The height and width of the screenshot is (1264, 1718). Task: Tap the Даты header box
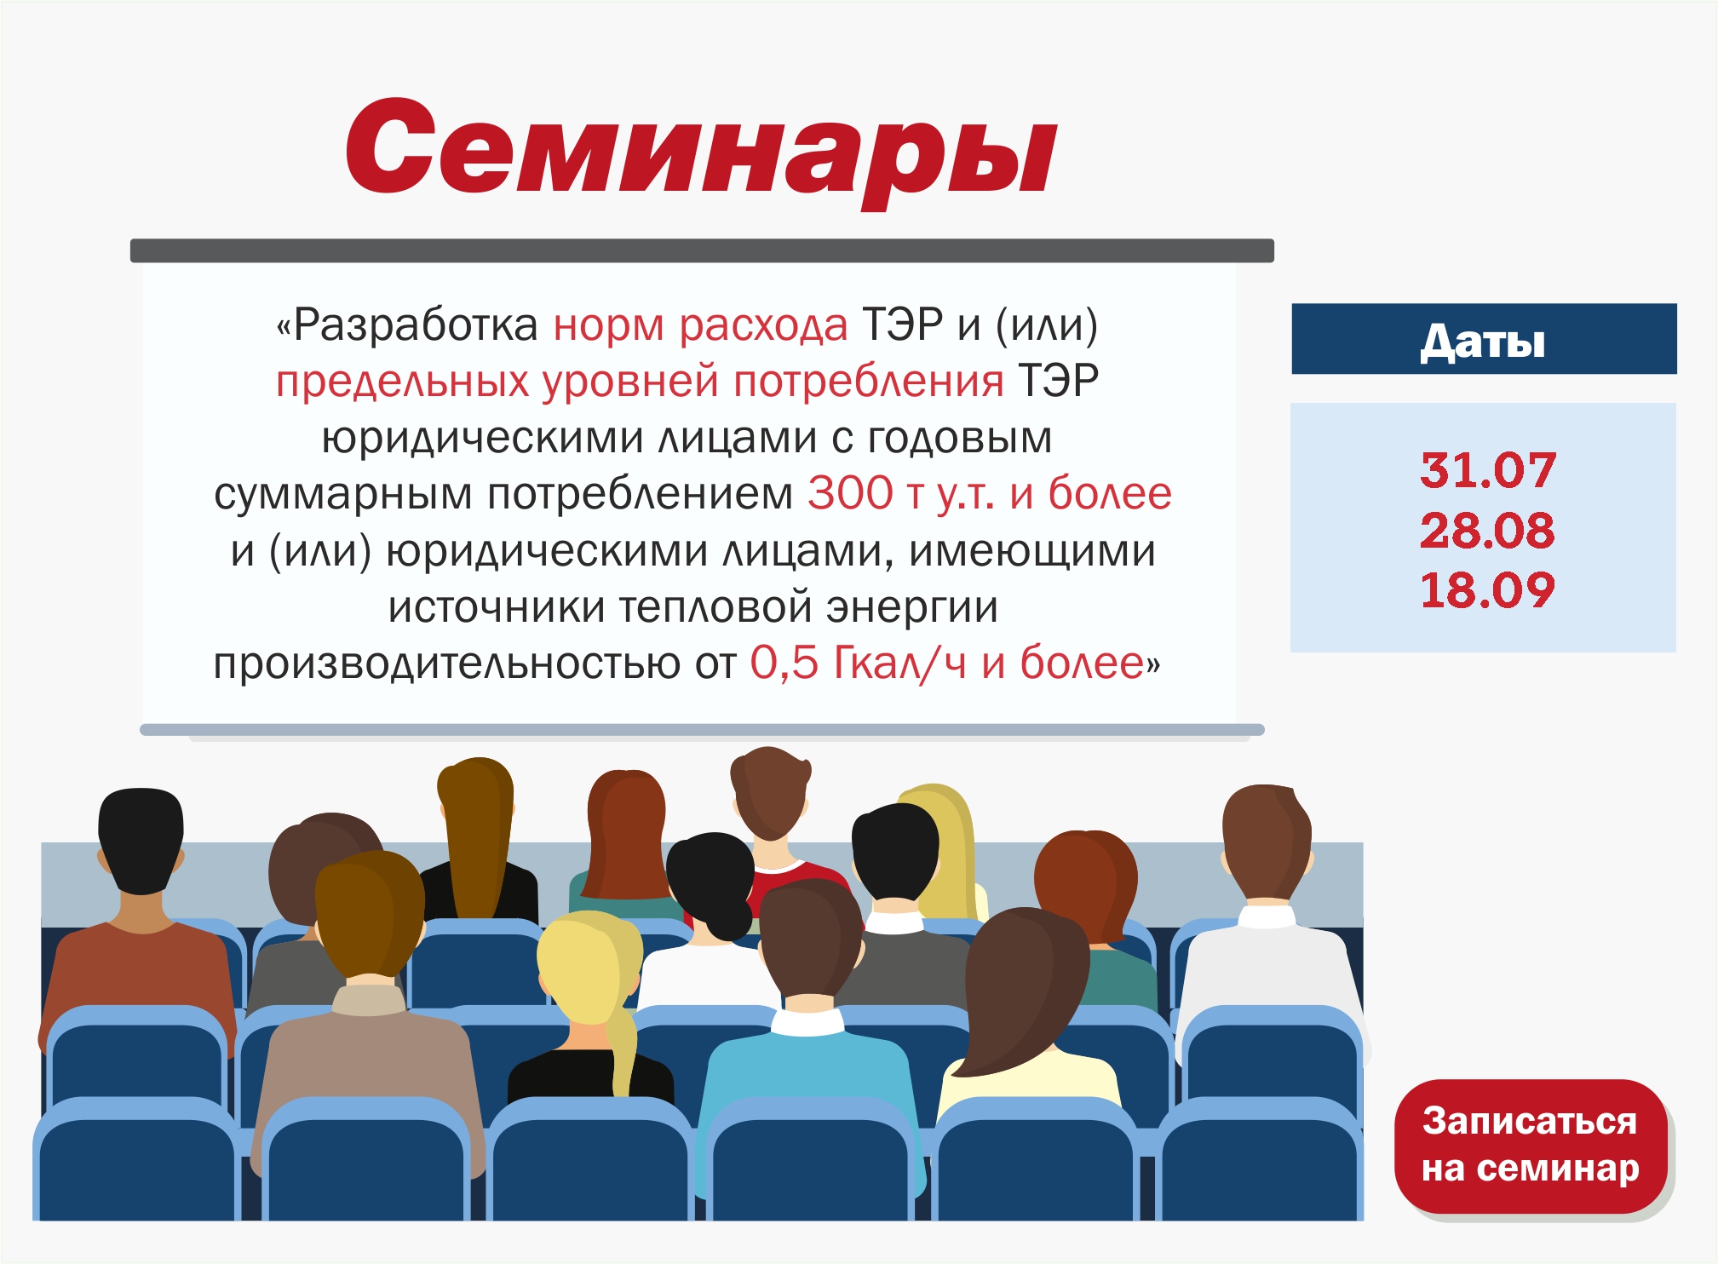(x=1484, y=339)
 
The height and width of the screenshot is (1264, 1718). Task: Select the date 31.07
(x=1487, y=470)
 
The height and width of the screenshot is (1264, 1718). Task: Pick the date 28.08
(x=1487, y=530)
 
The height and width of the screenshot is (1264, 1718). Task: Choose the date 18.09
(x=1487, y=589)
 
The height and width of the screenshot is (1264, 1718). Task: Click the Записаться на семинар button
(x=1530, y=1146)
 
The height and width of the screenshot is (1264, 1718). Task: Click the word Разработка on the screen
(x=416, y=325)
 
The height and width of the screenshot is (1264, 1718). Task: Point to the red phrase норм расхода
(x=700, y=326)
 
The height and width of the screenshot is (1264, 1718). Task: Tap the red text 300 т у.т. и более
(x=990, y=494)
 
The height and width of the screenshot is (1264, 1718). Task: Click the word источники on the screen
(x=497, y=607)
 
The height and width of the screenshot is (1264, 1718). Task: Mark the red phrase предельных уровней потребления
(x=640, y=382)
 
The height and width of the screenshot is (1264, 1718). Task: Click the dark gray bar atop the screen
(x=702, y=250)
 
